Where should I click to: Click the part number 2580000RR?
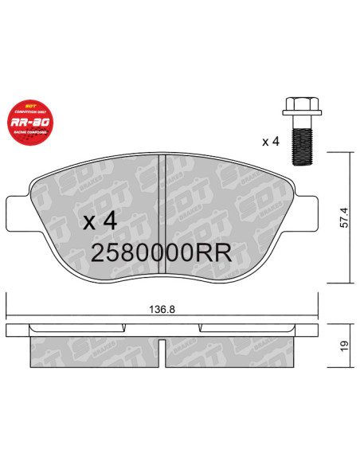pyautogui.click(x=162, y=253)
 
